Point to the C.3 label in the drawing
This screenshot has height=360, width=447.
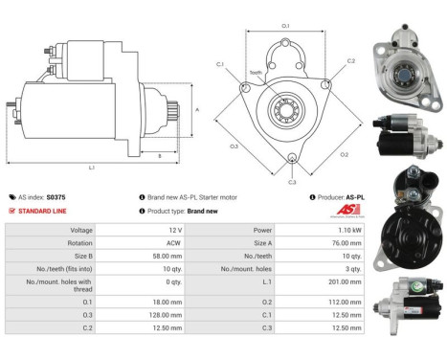292,181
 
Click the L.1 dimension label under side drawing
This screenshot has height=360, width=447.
92,169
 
